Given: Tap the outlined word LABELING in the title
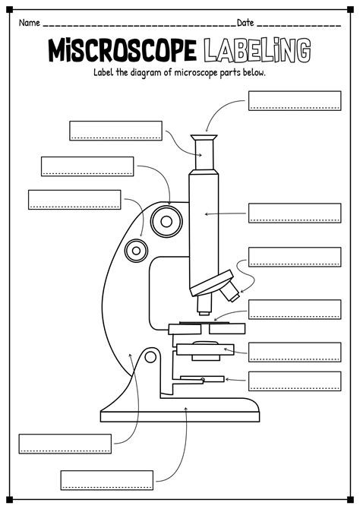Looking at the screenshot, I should click(259, 52).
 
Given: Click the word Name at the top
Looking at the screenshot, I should click(29, 23).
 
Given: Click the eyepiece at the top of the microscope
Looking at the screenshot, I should click(203, 152).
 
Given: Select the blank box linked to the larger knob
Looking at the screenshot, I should click(87, 166).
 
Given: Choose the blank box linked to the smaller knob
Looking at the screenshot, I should click(74, 200).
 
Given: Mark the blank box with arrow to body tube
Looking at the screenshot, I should click(295, 213).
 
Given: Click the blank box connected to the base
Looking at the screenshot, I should click(106, 479).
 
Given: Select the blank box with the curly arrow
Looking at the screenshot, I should click(295, 257).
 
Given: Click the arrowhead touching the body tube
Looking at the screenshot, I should click(207, 215).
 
